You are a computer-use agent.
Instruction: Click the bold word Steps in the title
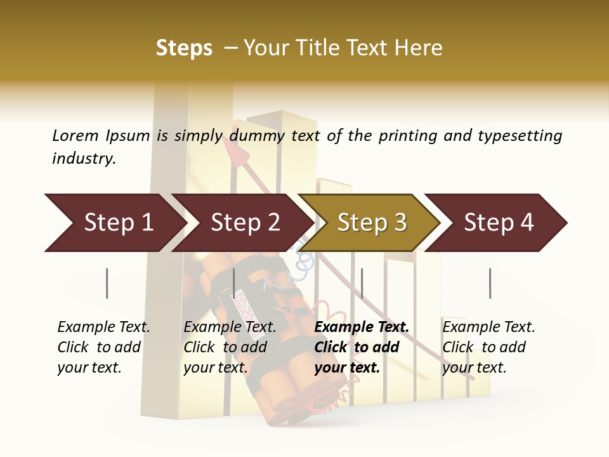(184, 48)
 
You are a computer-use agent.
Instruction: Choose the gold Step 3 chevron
(372, 223)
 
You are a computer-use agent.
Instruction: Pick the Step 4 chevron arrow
(499, 223)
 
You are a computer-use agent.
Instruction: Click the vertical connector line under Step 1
(107, 283)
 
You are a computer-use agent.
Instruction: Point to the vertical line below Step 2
(234, 283)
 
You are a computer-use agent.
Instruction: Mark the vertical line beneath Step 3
(362, 283)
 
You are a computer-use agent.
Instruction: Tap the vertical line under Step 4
(490, 283)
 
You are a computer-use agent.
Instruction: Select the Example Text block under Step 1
(103, 347)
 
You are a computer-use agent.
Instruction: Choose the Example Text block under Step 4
(488, 347)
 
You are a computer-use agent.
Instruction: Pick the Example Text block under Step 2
(230, 347)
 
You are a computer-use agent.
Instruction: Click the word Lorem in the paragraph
(75, 135)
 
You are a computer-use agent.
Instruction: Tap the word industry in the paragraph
(84, 159)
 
